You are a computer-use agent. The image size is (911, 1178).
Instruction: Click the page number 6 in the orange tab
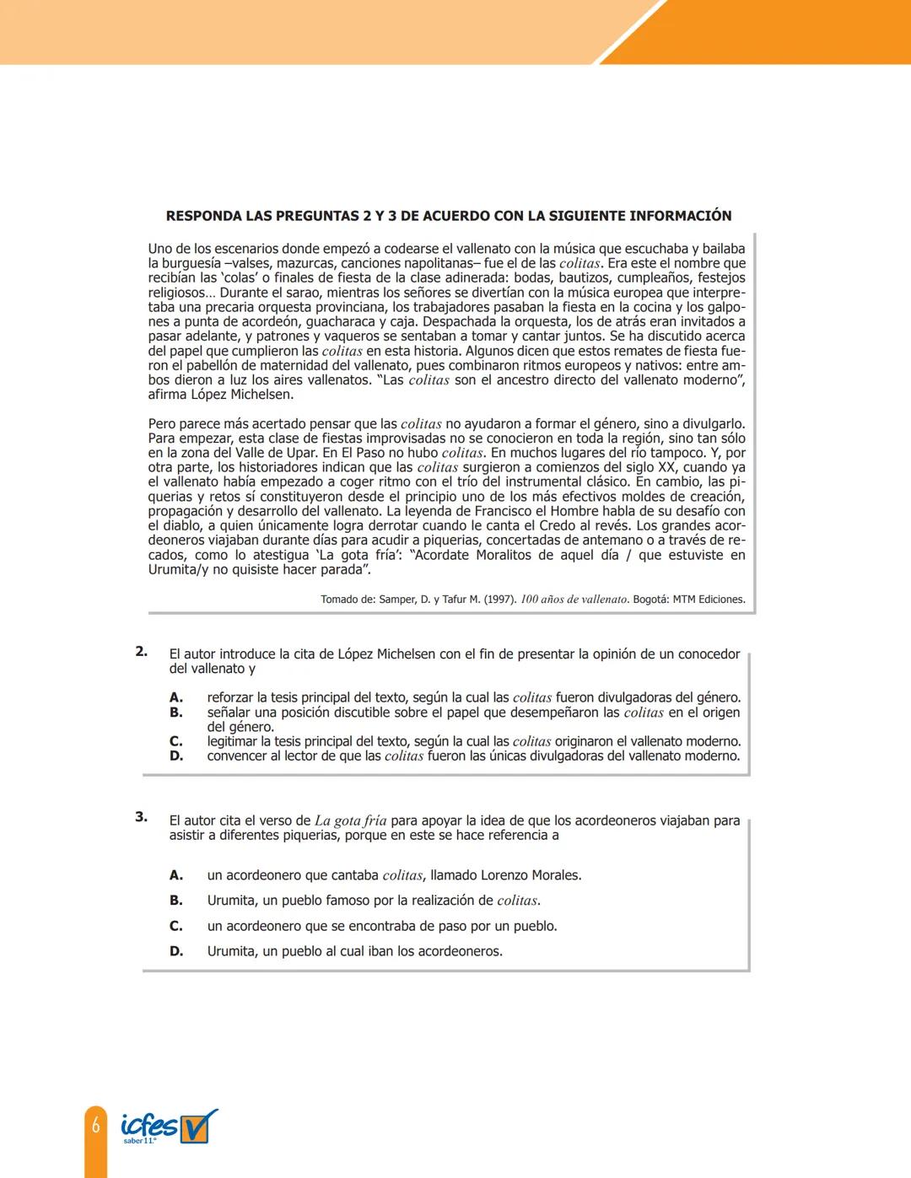(96, 1126)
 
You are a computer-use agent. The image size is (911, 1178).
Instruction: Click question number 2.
(142, 651)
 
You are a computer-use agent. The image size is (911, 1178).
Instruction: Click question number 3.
(142, 816)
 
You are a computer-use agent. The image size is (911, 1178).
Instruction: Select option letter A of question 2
(176, 697)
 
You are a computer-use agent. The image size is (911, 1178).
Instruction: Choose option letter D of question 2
(176, 756)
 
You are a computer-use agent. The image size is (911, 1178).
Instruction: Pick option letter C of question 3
(176, 926)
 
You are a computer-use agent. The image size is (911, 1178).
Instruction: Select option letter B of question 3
(176, 901)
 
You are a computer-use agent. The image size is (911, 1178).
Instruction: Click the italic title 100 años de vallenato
(574, 600)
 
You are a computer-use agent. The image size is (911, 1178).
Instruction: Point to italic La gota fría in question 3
(351, 820)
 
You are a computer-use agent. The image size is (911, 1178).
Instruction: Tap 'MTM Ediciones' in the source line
(709, 600)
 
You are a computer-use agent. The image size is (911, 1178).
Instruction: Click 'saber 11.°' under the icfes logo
(140, 1141)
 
